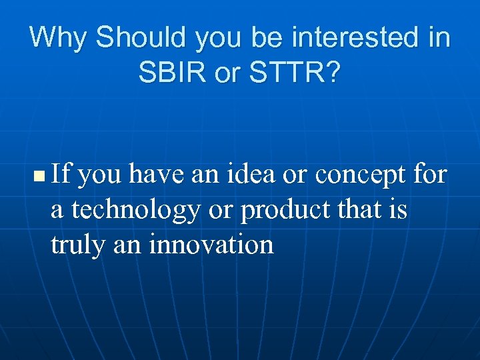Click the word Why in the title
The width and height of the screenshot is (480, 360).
(x=59, y=37)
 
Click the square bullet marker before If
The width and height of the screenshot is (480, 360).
(x=38, y=177)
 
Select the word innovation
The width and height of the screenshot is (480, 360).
(x=211, y=244)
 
